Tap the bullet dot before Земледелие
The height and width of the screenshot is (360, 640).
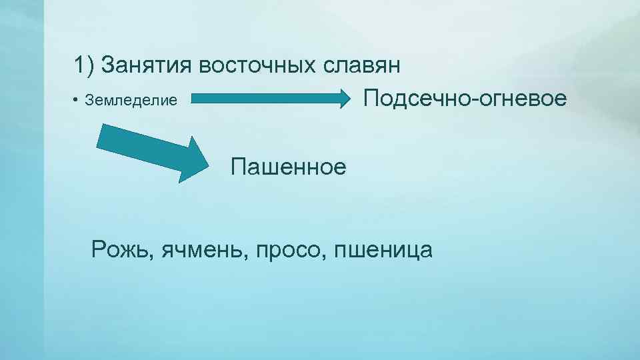point(77,101)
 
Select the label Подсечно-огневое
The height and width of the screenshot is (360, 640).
point(465,99)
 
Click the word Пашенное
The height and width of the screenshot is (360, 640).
point(289,166)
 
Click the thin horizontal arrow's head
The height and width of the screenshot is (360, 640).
point(350,99)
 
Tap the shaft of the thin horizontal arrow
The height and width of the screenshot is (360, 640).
point(267,99)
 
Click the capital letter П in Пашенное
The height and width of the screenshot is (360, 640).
point(239,166)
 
